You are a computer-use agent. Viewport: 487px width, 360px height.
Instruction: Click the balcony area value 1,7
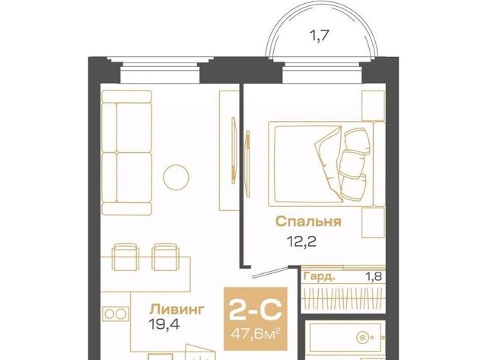pos(319,36)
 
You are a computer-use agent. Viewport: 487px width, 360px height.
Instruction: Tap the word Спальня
pos(308,221)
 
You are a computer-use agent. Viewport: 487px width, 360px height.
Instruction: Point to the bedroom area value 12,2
pos(302,241)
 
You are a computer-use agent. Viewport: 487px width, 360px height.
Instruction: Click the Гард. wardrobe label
pos(320,276)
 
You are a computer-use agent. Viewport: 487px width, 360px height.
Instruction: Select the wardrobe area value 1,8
pos(374,276)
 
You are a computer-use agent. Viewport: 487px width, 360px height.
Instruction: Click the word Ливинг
pos(177,309)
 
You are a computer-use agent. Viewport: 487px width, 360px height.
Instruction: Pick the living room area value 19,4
pos(164,324)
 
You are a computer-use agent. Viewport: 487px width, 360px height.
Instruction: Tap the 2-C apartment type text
pos(256,310)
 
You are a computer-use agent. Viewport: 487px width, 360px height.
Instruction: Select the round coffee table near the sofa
pos(176,177)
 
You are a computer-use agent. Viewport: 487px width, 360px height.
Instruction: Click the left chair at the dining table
pos(125,256)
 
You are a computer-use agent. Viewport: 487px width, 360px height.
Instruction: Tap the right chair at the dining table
pos(165,256)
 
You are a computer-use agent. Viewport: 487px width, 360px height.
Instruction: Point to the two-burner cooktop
pos(115,314)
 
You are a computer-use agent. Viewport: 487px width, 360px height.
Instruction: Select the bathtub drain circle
pos(361,338)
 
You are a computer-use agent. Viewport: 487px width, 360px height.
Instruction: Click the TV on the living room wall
pos(234,150)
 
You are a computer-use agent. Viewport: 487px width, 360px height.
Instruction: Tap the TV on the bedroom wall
pos(247,164)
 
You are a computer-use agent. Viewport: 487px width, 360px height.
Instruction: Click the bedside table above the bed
pos(374,105)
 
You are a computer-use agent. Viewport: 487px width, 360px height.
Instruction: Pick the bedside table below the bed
pos(374,222)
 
